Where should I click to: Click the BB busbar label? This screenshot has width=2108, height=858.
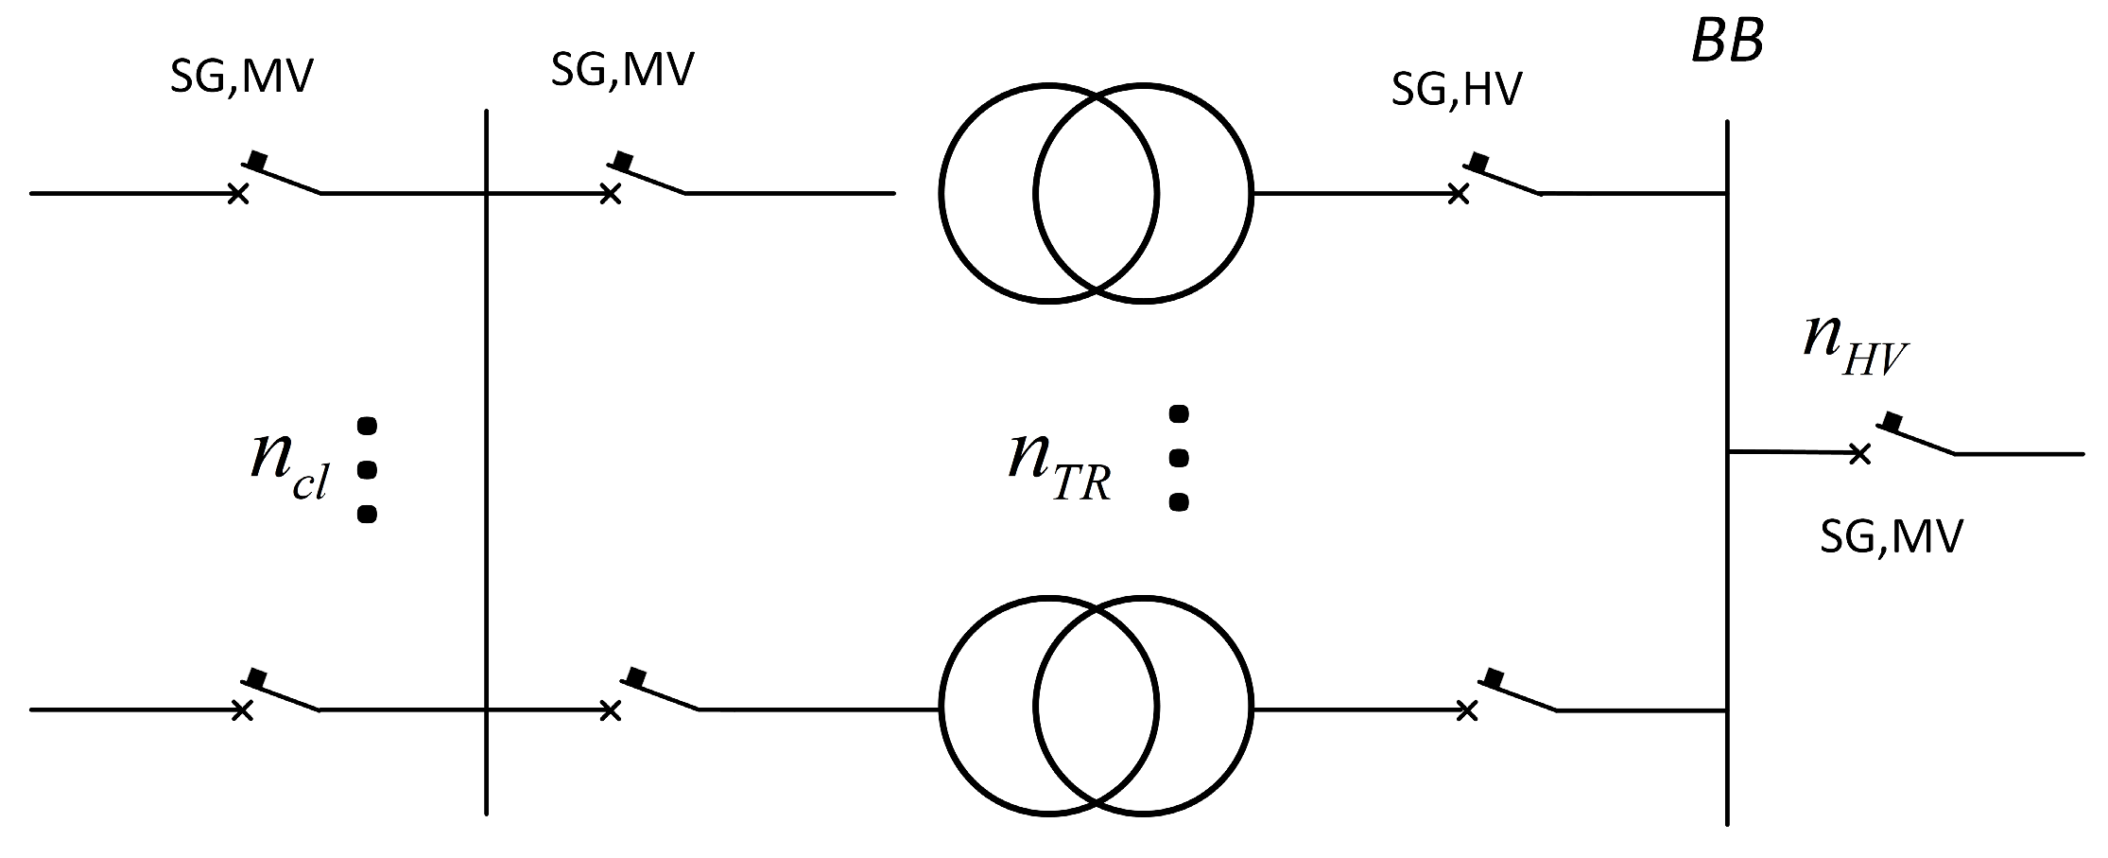click(1727, 44)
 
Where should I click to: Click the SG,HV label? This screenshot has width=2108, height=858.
click(1457, 90)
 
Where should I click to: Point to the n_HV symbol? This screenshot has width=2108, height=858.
click(1854, 345)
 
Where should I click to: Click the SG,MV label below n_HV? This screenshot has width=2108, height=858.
click(1892, 537)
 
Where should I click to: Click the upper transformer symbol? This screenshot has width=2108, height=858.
click(1096, 193)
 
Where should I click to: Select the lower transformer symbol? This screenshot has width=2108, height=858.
click(1096, 706)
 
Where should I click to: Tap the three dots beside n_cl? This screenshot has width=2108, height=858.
click(368, 468)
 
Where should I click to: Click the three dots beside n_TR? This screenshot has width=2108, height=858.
click(1178, 458)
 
